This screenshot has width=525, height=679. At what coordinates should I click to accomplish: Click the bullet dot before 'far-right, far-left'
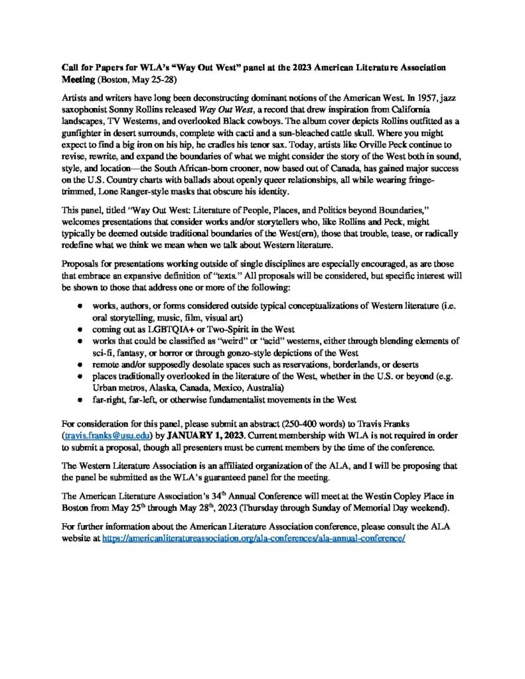(x=80, y=399)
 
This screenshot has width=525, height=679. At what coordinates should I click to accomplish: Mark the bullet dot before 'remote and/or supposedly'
(x=80, y=364)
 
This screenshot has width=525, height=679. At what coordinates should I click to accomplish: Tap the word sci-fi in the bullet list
(x=104, y=353)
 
